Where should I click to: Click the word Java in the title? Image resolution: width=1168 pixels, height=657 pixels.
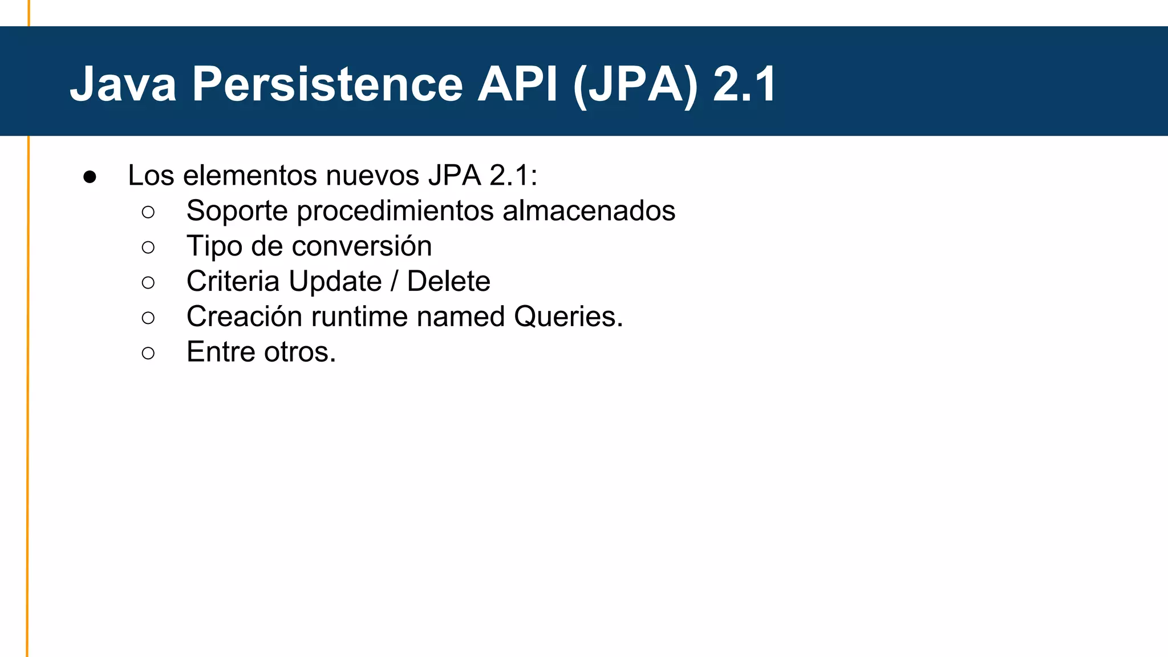(123, 84)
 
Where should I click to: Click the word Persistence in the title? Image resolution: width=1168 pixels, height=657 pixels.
(327, 84)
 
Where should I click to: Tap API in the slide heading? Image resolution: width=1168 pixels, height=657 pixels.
(517, 84)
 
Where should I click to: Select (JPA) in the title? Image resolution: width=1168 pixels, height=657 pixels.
(635, 85)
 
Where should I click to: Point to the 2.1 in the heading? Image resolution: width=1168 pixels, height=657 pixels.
(744, 84)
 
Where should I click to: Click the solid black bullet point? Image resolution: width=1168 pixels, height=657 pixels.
(90, 177)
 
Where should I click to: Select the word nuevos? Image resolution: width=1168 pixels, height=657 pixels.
(372, 175)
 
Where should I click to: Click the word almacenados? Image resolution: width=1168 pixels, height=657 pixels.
(589, 210)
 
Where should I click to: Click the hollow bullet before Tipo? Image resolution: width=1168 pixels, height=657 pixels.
(148, 248)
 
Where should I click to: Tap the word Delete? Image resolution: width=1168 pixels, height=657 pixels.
(448, 281)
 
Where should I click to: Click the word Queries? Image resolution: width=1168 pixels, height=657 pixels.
(568, 317)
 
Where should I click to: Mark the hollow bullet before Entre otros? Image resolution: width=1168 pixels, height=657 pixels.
(148, 353)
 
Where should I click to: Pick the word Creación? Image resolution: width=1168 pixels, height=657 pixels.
(244, 317)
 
